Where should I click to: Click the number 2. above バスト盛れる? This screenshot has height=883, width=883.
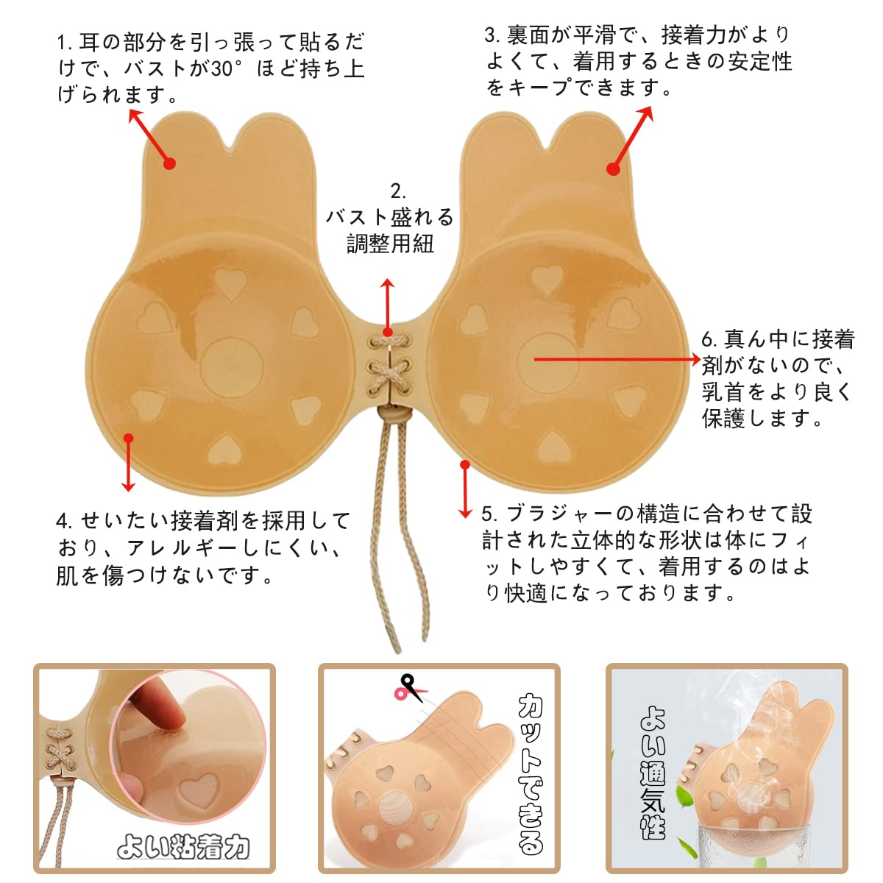tap(398, 191)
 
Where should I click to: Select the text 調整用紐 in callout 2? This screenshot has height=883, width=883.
tap(391, 244)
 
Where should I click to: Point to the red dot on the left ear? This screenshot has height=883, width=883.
tap(170, 163)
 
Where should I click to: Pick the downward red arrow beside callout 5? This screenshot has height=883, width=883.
tap(464, 490)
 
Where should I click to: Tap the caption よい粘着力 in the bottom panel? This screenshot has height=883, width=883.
tap(183, 848)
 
